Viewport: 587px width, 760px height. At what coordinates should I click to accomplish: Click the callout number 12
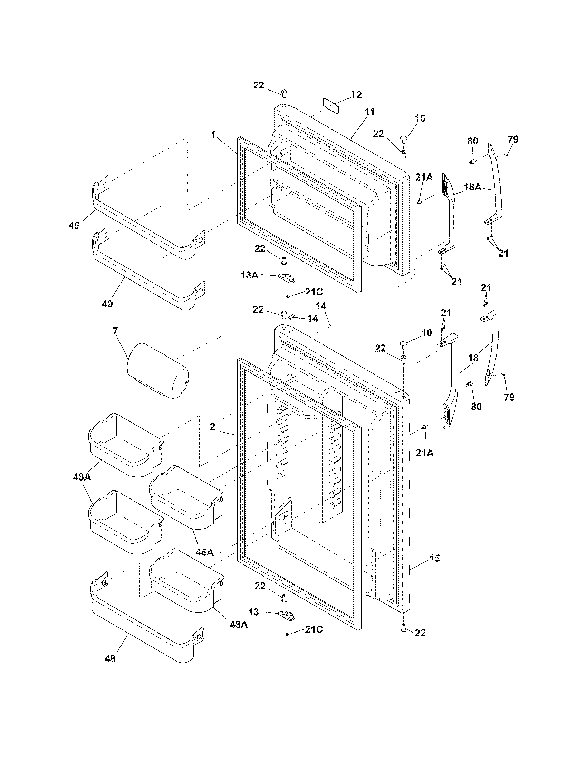356,94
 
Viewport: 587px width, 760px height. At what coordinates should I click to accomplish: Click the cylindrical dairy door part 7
158,370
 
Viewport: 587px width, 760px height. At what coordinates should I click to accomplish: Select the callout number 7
115,331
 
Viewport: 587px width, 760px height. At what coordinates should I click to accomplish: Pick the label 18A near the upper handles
473,187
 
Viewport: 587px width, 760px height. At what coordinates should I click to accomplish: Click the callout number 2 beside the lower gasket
212,427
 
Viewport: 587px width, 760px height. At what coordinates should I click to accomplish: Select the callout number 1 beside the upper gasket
213,135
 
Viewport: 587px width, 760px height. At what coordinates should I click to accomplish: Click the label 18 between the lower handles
473,358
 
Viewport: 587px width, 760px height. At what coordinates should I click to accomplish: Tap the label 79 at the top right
512,140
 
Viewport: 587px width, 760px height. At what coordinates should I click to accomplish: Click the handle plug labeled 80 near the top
472,162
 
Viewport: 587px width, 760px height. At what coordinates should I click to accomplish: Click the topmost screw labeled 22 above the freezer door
284,93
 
